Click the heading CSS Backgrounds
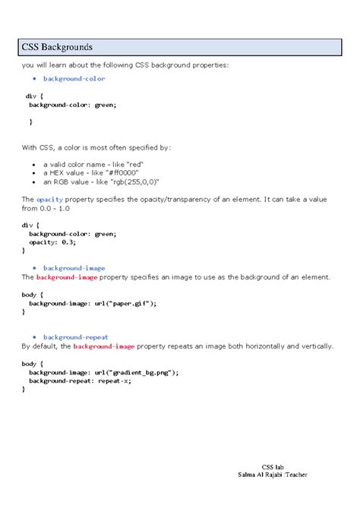pos(57,48)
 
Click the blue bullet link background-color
pos(74,78)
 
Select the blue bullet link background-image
pos(74,268)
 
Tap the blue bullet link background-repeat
pos(75,336)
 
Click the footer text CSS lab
pos(273,466)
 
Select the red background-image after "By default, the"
pos(104,346)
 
